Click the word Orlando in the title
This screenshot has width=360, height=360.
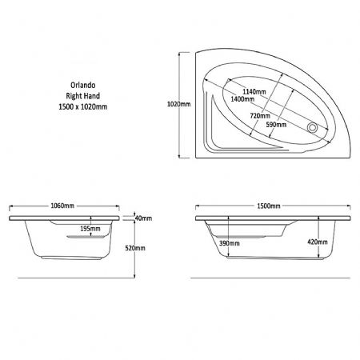coord(83,85)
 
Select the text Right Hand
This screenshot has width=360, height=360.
coord(83,96)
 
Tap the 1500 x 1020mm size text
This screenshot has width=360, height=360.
coord(83,106)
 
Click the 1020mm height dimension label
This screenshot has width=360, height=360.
coord(178,104)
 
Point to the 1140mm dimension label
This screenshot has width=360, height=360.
coord(254,92)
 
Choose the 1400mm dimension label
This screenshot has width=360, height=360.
coord(242,99)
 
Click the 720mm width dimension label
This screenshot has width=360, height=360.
coord(260,116)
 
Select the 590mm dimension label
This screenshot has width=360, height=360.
coord(276,125)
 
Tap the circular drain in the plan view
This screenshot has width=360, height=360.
coord(312,127)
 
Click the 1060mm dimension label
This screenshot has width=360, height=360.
coord(62,206)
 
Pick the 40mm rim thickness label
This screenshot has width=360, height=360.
coord(143,218)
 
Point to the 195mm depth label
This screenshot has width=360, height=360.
coord(90,229)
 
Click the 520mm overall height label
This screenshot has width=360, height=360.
coord(135,248)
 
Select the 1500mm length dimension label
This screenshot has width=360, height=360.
coord(269,206)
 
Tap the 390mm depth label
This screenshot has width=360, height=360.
coord(230,243)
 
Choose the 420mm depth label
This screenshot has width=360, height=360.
coord(318,242)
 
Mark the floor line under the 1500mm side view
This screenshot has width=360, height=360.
coord(270,278)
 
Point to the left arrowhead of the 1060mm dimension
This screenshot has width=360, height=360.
coord(11,206)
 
